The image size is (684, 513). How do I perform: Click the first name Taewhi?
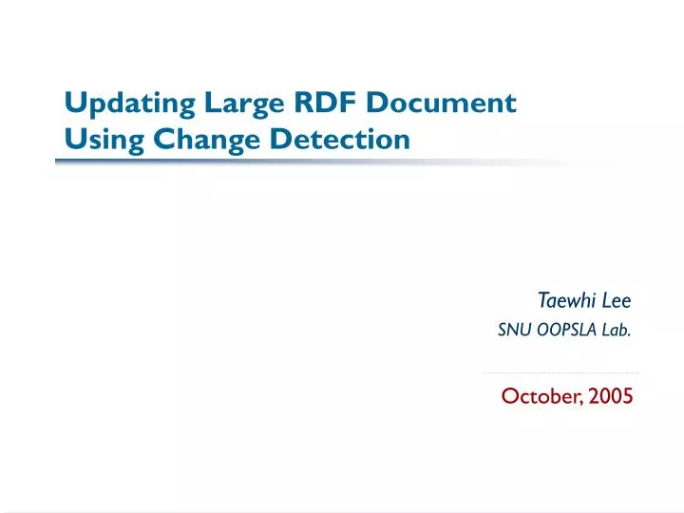point(564,301)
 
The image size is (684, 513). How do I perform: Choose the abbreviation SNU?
point(513,332)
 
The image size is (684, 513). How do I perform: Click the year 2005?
point(610,396)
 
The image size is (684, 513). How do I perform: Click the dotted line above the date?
point(560,372)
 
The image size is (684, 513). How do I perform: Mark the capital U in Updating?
point(73,102)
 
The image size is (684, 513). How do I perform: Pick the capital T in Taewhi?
point(542,301)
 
